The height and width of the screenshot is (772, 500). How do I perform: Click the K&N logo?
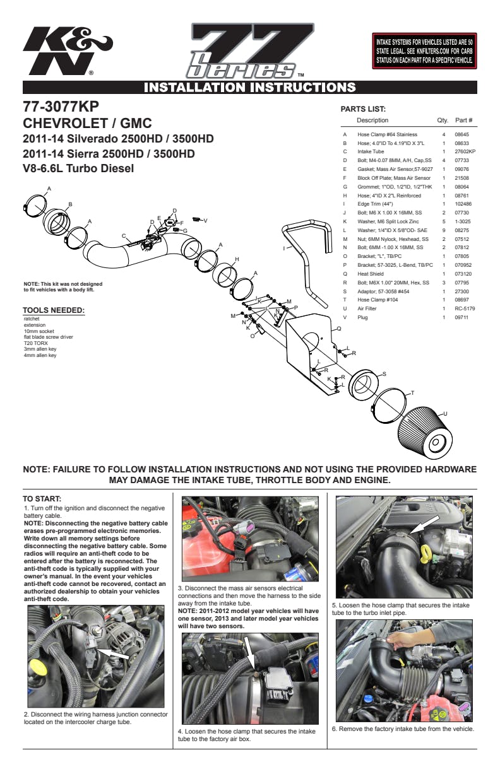click(67, 50)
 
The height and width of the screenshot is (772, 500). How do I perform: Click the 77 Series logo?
click(251, 50)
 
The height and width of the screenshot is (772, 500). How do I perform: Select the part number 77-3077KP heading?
click(61, 107)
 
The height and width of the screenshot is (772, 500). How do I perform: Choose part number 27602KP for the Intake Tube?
click(465, 151)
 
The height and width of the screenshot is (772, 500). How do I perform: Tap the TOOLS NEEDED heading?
click(54, 310)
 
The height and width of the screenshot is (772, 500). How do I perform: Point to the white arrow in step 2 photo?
click(114, 653)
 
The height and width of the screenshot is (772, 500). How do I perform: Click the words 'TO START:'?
click(42, 499)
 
